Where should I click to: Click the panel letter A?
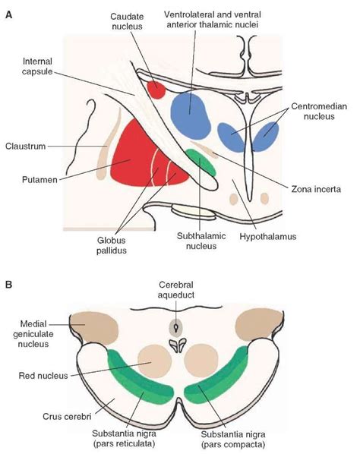click(8, 14)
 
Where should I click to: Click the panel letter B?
click(8, 285)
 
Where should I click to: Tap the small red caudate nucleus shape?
click(156, 90)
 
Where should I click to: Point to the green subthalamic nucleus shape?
click(201, 162)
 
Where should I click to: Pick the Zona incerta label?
click(316, 189)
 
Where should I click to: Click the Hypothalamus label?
click(268, 237)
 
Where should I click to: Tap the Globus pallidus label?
click(112, 245)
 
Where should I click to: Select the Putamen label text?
click(39, 180)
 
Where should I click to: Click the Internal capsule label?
click(38, 66)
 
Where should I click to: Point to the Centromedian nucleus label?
click(319, 111)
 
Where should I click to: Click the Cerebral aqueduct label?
click(176, 290)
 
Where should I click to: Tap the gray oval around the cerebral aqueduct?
click(176, 328)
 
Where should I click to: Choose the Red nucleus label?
click(43, 376)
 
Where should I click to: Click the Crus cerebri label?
click(67, 417)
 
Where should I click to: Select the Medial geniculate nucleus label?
click(33, 334)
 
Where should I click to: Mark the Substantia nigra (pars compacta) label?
click(233, 440)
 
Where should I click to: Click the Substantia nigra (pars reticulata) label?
click(125, 438)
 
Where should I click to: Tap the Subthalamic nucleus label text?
click(201, 241)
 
